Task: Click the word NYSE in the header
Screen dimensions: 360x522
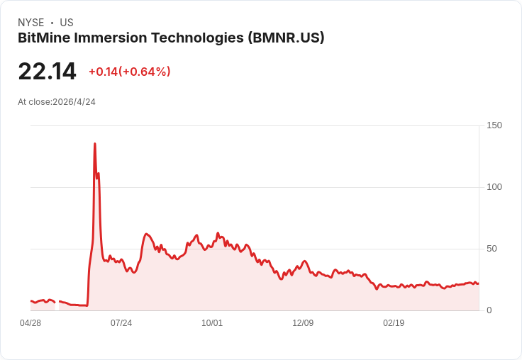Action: coord(30,23)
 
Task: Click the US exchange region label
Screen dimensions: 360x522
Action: coord(67,23)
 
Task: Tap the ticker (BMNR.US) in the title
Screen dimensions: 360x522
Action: coord(287,38)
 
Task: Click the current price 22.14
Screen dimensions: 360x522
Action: coord(47,72)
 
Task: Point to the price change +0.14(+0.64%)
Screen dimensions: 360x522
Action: coord(130,72)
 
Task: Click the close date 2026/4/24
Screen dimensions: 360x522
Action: coord(74,102)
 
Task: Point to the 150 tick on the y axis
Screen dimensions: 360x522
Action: coord(494,125)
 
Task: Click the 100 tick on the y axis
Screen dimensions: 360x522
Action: coord(494,187)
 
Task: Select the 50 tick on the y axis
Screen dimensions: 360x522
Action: coord(492,249)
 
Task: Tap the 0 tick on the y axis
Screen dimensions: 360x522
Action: coord(489,310)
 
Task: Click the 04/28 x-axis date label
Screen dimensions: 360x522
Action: coord(30,323)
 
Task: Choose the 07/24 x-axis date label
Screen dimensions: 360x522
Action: coord(121,323)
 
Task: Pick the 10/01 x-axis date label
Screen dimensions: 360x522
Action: coord(212,323)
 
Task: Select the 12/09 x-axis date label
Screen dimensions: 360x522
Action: coord(303,323)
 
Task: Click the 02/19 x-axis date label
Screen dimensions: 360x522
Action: coord(394,323)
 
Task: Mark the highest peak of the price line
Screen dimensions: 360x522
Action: coord(94,144)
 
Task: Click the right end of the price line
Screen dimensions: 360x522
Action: coord(478,283)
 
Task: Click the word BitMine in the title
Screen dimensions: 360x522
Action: coord(44,38)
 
